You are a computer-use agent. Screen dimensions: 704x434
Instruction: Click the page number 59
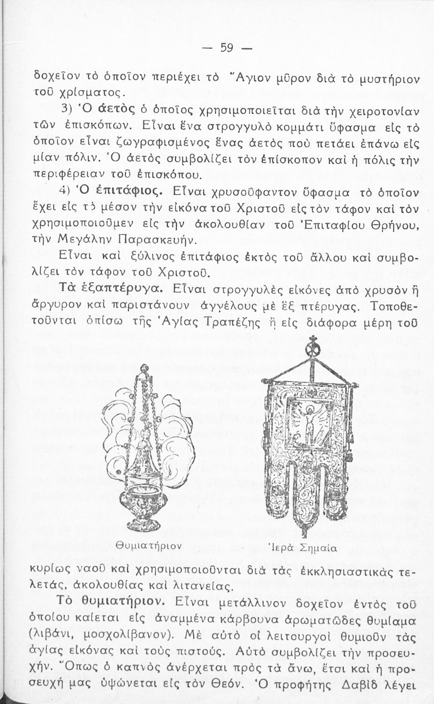pyautogui.click(x=227, y=48)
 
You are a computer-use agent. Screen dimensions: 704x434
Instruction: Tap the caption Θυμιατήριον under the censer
pyautogui.click(x=149, y=545)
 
